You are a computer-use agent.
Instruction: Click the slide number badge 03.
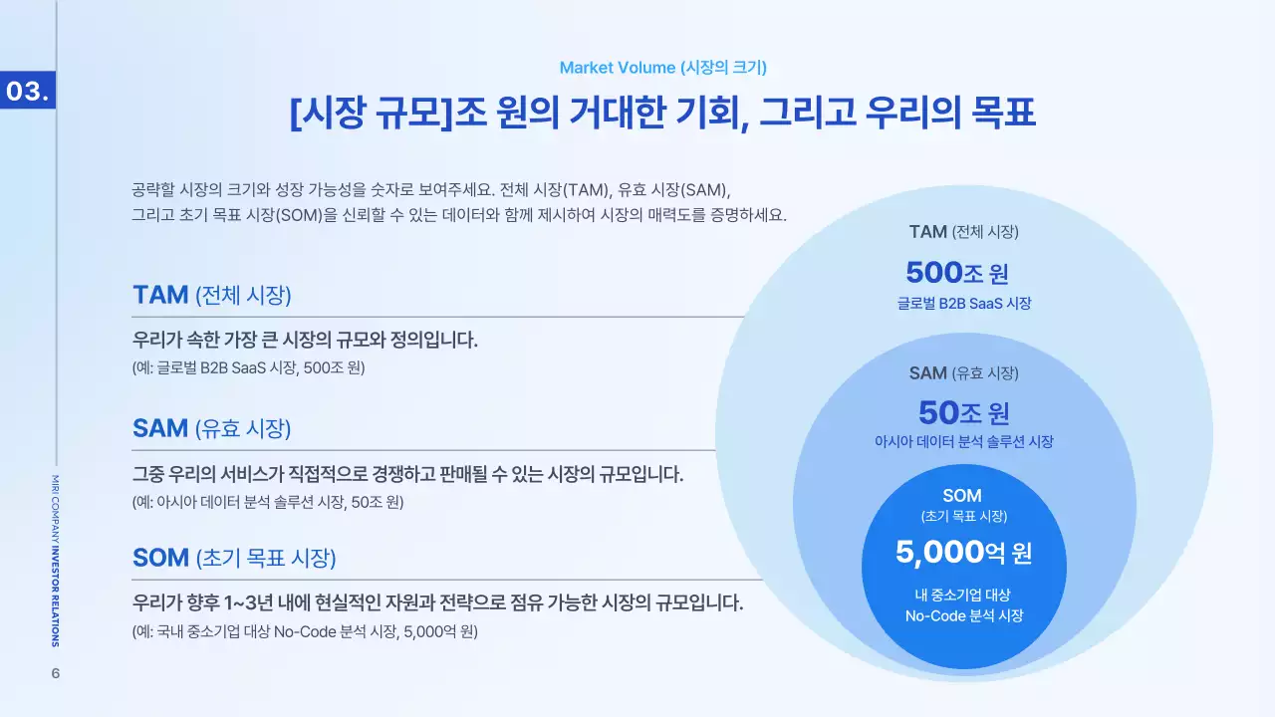click(x=27, y=92)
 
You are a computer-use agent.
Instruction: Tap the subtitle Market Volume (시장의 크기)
click(x=662, y=68)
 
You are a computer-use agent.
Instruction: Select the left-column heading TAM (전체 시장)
click(x=211, y=295)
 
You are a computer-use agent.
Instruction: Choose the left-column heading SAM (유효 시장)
click(x=211, y=428)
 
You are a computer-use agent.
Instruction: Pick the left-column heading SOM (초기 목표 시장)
click(x=234, y=558)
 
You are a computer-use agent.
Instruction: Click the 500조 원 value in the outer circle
click(x=963, y=272)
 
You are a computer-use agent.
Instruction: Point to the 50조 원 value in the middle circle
click(x=963, y=411)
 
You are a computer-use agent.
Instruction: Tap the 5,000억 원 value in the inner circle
click(x=963, y=552)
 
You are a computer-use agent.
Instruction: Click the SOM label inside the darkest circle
click(x=962, y=496)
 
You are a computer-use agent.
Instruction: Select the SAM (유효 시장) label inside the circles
click(x=963, y=373)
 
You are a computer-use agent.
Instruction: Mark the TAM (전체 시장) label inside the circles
click(x=963, y=232)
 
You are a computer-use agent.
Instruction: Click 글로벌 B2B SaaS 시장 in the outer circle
click(x=963, y=304)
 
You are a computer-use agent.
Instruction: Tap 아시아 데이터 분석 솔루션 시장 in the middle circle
click(x=963, y=442)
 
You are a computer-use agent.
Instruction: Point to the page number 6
click(x=56, y=673)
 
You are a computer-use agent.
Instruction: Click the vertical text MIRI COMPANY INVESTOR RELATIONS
click(x=56, y=561)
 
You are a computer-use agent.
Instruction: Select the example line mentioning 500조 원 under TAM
click(x=249, y=367)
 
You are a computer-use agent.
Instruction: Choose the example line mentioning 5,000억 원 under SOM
click(x=305, y=631)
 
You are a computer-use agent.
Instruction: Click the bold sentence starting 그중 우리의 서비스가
click(x=407, y=474)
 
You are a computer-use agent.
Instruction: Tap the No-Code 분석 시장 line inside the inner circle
click(x=963, y=616)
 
